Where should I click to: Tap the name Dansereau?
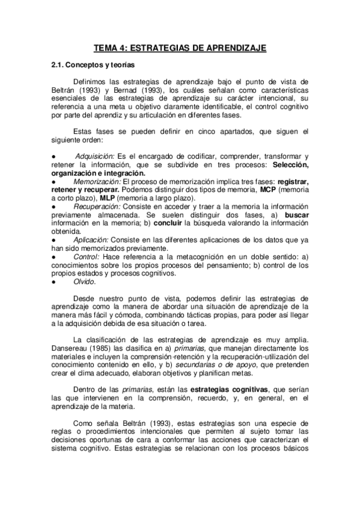tap(70, 348)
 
